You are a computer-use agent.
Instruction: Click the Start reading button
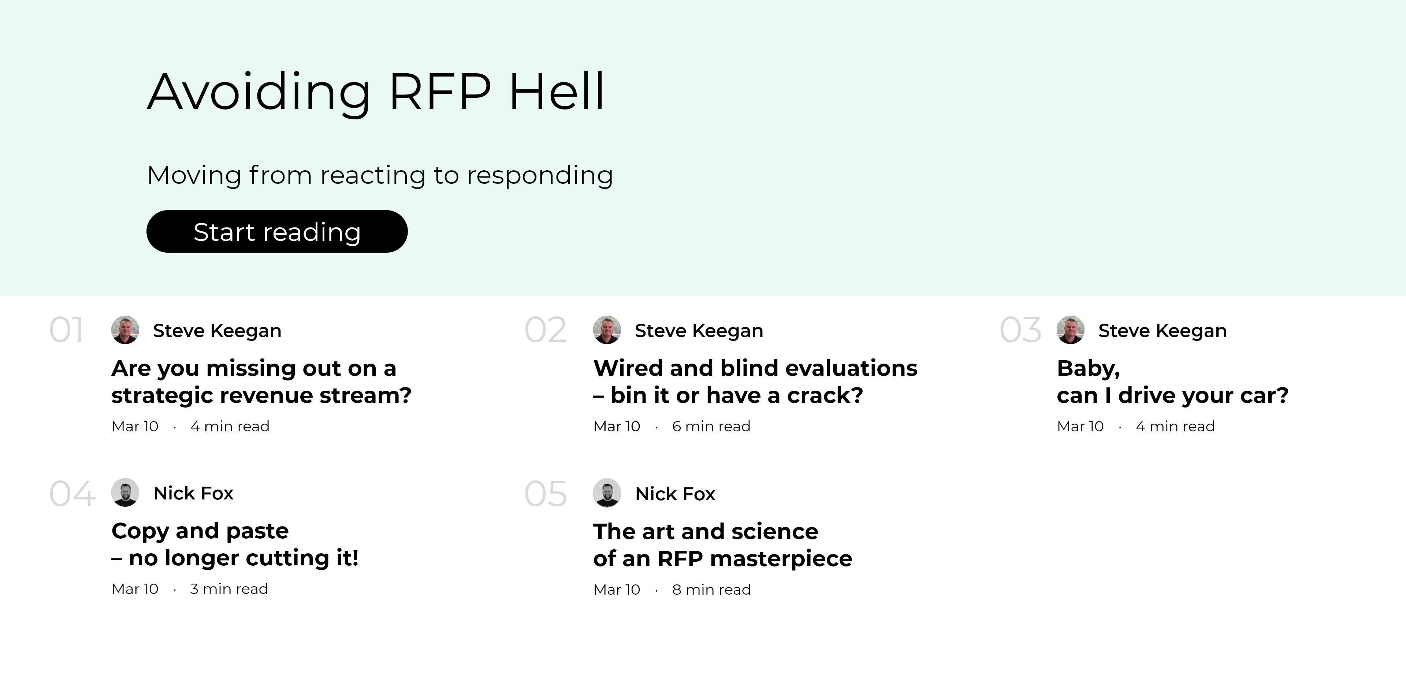coord(277,231)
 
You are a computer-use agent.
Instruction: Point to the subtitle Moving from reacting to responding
coord(380,175)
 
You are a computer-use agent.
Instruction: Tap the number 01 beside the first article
coord(66,330)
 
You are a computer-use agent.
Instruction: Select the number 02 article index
coord(545,330)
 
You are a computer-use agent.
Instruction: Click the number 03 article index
coord(1020,330)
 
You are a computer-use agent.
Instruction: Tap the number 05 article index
coord(545,494)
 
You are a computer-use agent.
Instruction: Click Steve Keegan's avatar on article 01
coord(125,330)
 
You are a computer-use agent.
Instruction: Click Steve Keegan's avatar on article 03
coord(1070,330)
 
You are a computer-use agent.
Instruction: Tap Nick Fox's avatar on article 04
coord(125,492)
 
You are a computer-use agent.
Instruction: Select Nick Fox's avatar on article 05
coord(607,493)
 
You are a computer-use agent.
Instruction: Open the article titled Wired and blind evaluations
coord(755,382)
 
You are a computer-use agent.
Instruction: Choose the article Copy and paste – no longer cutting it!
coord(235,544)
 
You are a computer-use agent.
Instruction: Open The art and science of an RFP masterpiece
coord(722,545)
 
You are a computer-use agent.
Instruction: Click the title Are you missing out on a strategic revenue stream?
coord(261,382)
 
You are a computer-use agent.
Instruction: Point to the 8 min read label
coord(711,590)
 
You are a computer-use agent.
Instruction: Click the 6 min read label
coord(711,426)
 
